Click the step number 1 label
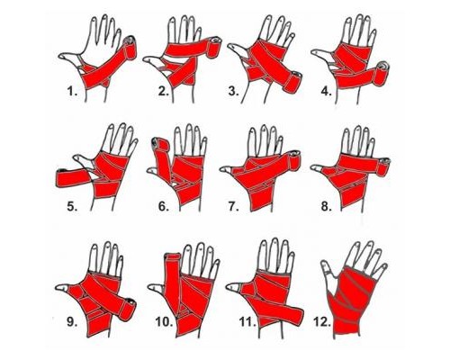click(x=72, y=91)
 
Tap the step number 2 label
click(x=164, y=91)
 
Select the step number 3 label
click(x=233, y=91)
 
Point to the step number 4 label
click(x=326, y=91)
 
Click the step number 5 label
click(x=72, y=206)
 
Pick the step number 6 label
click(x=164, y=206)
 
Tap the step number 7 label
click(x=233, y=206)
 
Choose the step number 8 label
click(x=326, y=206)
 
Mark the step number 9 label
click(x=72, y=322)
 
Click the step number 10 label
click(x=164, y=322)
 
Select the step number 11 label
click(x=247, y=322)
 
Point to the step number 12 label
click(x=322, y=322)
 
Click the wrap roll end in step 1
click(x=130, y=48)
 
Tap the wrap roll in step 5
click(x=73, y=177)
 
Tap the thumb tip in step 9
click(x=61, y=288)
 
